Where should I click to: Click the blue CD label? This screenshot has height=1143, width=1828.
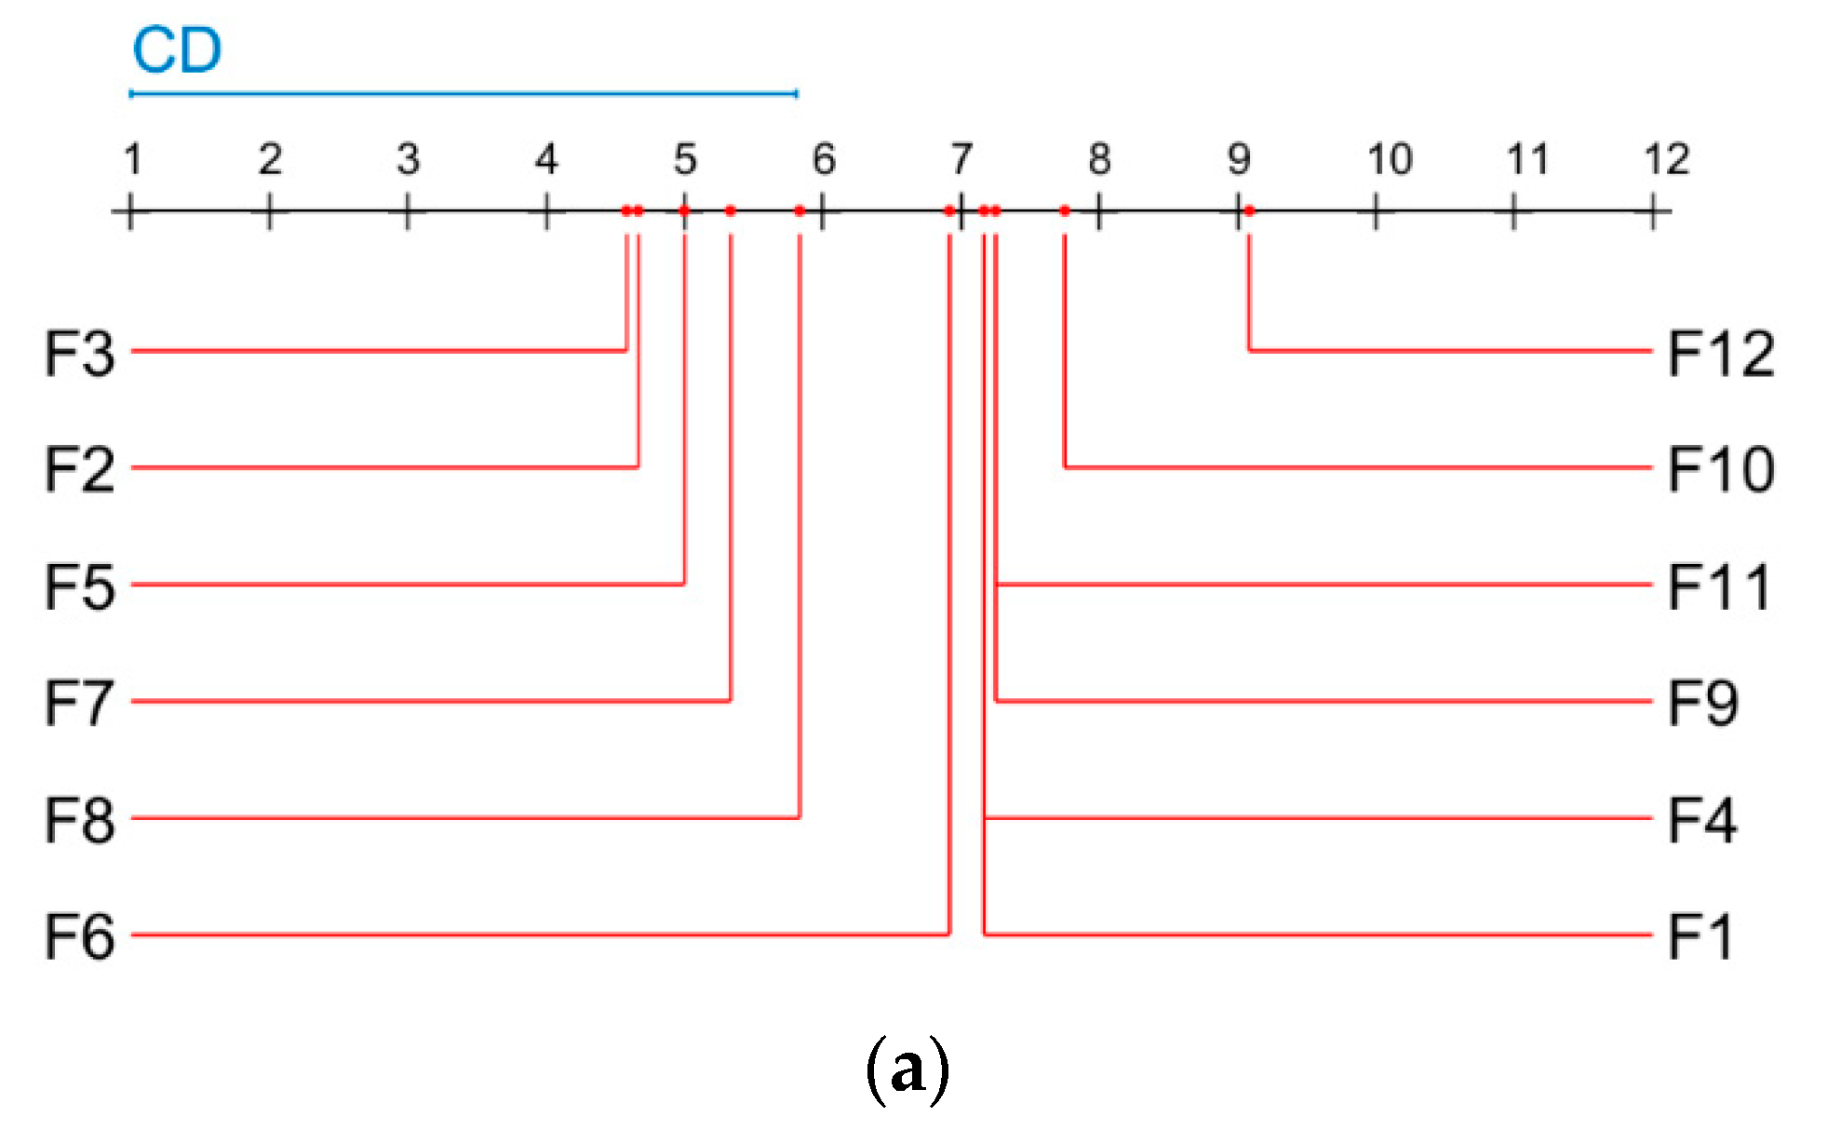[x=177, y=50]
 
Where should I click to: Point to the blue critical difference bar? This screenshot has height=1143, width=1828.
[x=463, y=93]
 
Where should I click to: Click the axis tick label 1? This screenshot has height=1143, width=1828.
[x=132, y=160]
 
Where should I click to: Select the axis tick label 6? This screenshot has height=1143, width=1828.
[x=823, y=160]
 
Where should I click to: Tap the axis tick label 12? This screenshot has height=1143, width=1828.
[x=1666, y=160]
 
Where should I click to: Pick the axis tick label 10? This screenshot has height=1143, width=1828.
[x=1389, y=160]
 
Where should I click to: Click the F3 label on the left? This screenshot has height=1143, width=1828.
[x=80, y=354]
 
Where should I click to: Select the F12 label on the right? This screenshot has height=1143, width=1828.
[x=1721, y=354]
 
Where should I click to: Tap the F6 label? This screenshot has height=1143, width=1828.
[x=80, y=936]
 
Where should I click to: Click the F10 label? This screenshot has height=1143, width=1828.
[x=1721, y=469]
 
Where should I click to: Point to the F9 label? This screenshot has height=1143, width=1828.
[x=1702, y=703]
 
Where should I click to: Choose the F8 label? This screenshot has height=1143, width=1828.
[x=80, y=820]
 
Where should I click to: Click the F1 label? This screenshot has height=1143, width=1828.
[x=1700, y=936]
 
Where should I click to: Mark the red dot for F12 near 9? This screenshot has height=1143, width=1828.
[x=1249, y=211]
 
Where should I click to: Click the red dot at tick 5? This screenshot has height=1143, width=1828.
[x=684, y=211]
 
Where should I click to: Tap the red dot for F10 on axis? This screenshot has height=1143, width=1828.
[x=1065, y=211]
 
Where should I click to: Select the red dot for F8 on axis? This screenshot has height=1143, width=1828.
[x=800, y=211]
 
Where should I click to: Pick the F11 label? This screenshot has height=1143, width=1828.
[x=1718, y=587]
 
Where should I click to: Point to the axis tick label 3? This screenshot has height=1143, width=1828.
[x=408, y=160]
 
